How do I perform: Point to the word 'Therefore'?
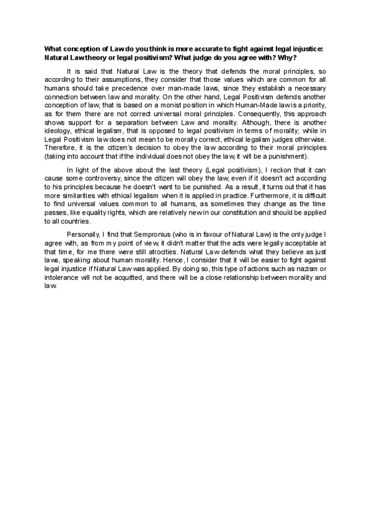(60, 149)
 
